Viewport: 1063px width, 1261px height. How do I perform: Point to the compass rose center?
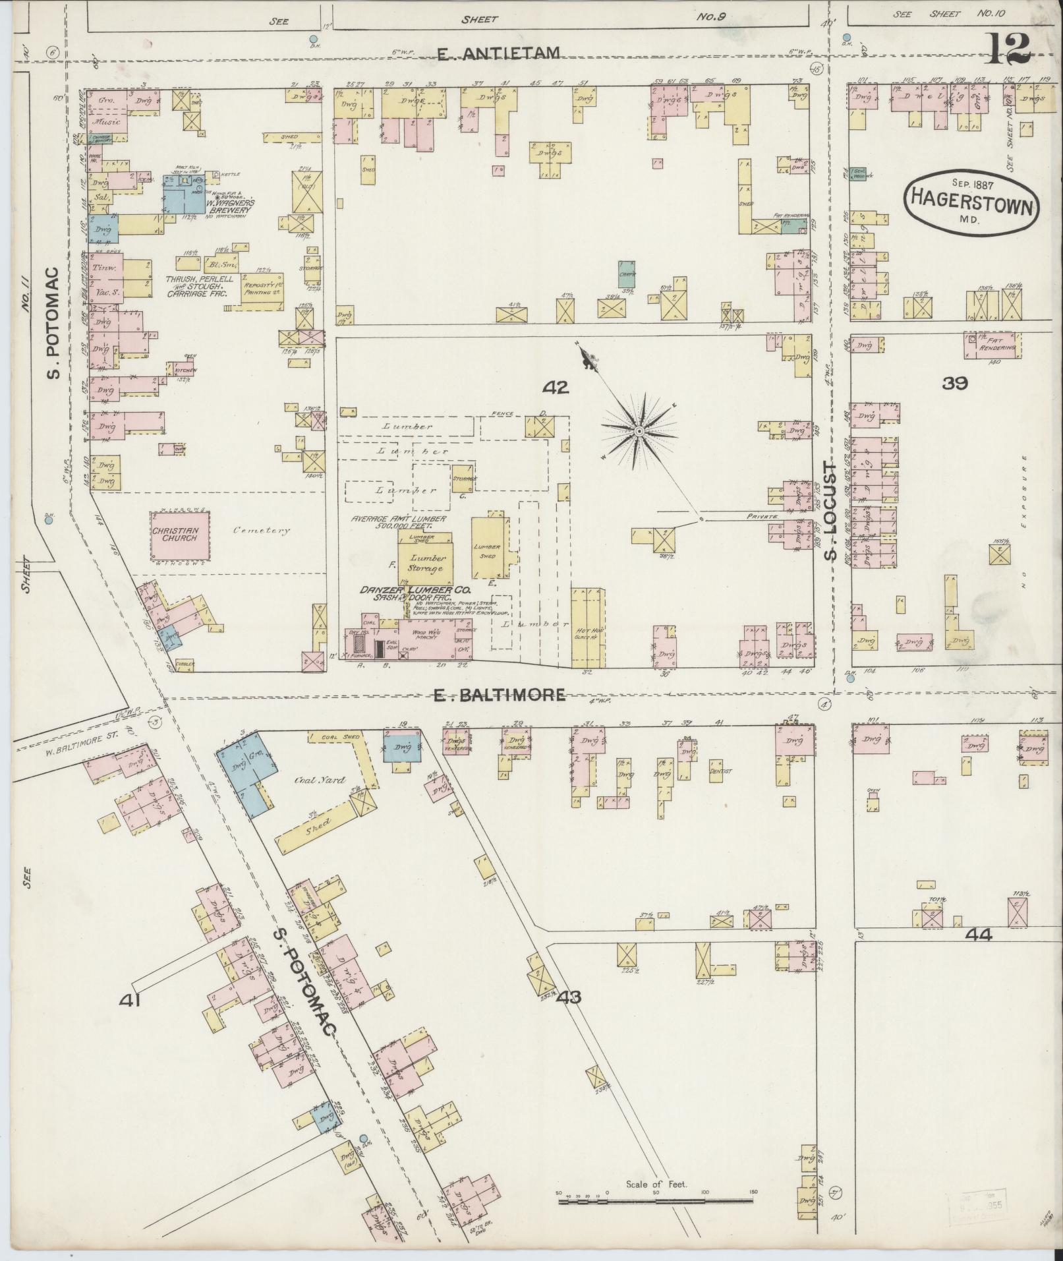(638, 431)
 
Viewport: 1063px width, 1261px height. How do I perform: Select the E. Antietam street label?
(500, 53)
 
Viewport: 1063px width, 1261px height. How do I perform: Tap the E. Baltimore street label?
(500, 694)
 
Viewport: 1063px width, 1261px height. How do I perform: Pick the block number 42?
(555, 388)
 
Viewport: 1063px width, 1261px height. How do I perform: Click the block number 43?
(569, 1016)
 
